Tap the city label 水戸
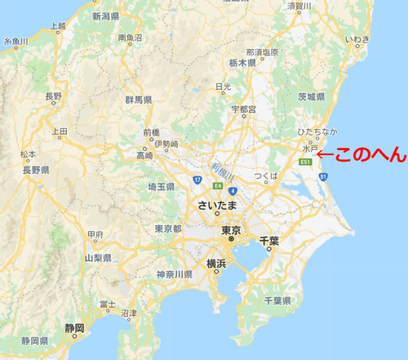click(309, 149)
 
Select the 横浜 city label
click(216, 264)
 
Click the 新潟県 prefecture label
click(106, 16)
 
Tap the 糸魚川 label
click(16, 41)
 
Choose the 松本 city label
click(29, 153)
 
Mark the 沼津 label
click(128, 313)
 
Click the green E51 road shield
click(305, 162)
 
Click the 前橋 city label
click(151, 132)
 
